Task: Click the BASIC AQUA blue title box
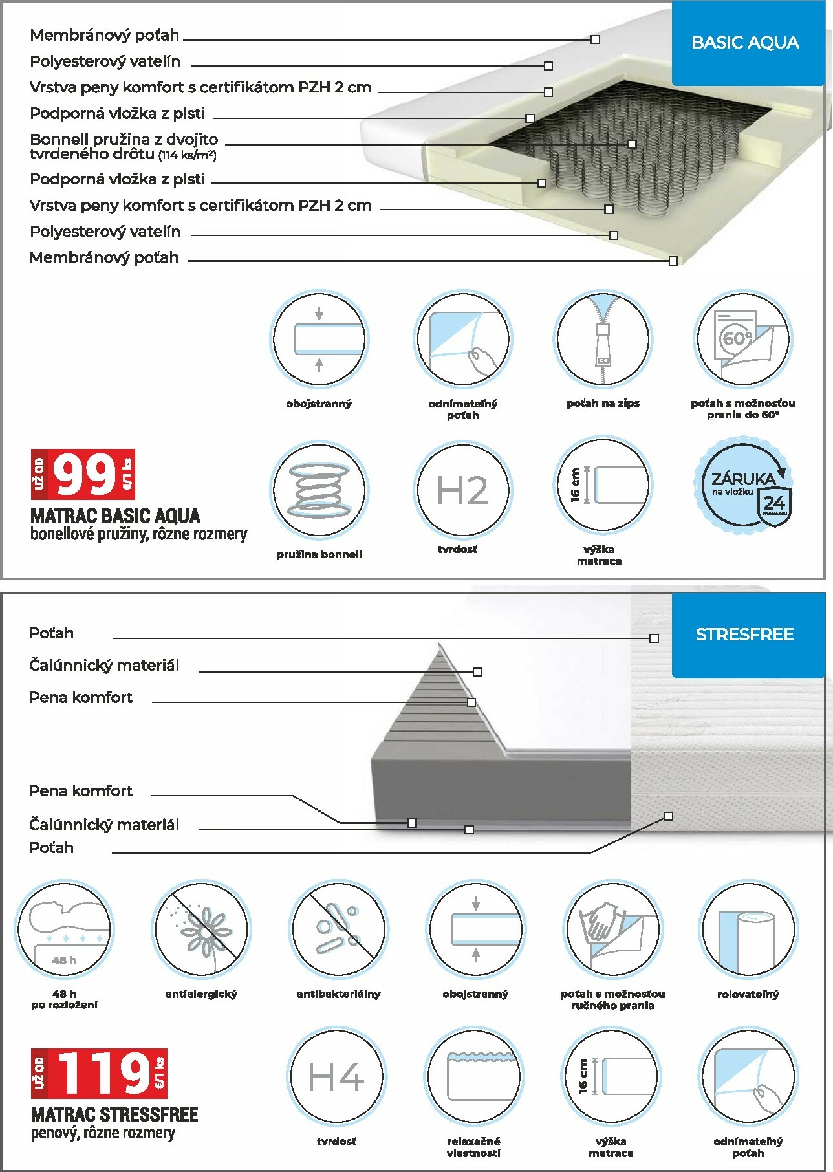[745, 43]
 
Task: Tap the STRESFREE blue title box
[745, 635]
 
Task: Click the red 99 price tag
[83, 474]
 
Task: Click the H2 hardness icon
[462, 490]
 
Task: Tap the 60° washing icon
[742, 339]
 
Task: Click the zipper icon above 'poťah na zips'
[603, 339]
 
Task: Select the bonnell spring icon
[319, 490]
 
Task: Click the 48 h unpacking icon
[64, 929]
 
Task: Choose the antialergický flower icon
[201, 929]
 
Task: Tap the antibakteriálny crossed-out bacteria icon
[338, 929]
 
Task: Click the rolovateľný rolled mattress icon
[748, 929]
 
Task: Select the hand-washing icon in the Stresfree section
[612, 929]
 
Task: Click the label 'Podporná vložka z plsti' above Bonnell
[118, 114]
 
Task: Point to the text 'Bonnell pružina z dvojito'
[124, 140]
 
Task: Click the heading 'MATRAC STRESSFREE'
[114, 1114]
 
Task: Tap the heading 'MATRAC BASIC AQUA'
[115, 516]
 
